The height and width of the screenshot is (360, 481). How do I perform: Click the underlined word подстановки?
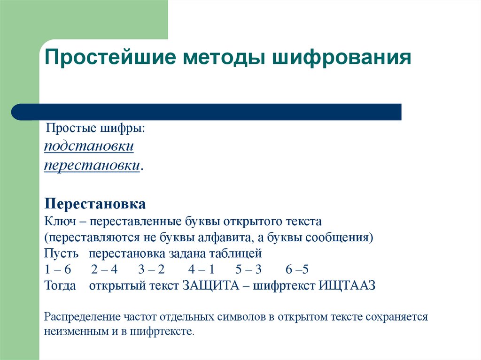(x=89, y=146)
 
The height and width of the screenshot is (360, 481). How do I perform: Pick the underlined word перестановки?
(x=93, y=166)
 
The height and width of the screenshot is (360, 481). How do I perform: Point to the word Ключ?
(x=59, y=221)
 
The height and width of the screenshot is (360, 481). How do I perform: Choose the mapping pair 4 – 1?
(x=201, y=270)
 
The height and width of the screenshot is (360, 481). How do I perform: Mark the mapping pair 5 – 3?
(x=248, y=270)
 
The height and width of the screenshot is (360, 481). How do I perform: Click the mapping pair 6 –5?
(x=297, y=270)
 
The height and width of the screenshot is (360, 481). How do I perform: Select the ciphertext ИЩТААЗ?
(x=347, y=286)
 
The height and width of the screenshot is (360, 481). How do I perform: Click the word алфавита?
(x=229, y=237)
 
